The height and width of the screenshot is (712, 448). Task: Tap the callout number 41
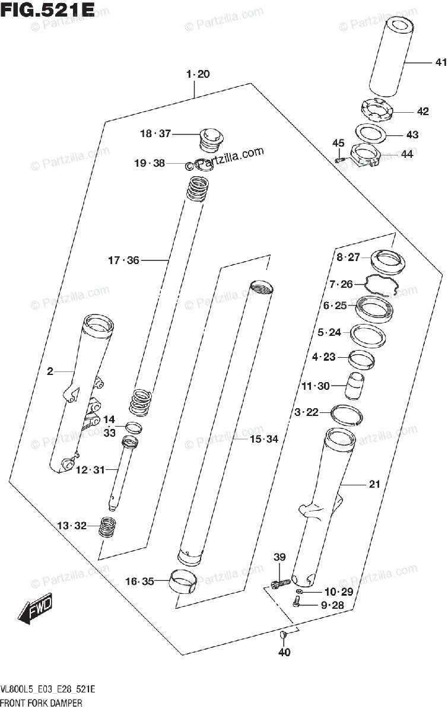pos(439,62)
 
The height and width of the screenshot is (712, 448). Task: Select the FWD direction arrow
pos(36,608)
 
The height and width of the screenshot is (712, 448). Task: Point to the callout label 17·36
pos(123,260)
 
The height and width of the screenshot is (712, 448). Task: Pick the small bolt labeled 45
pos(340,158)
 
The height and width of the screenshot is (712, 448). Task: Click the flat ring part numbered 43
pos(371,132)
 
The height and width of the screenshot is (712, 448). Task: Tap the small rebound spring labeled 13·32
pos(107,526)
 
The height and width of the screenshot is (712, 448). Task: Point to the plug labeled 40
pos(284,636)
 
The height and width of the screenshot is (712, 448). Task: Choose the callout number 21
pos(374,485)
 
